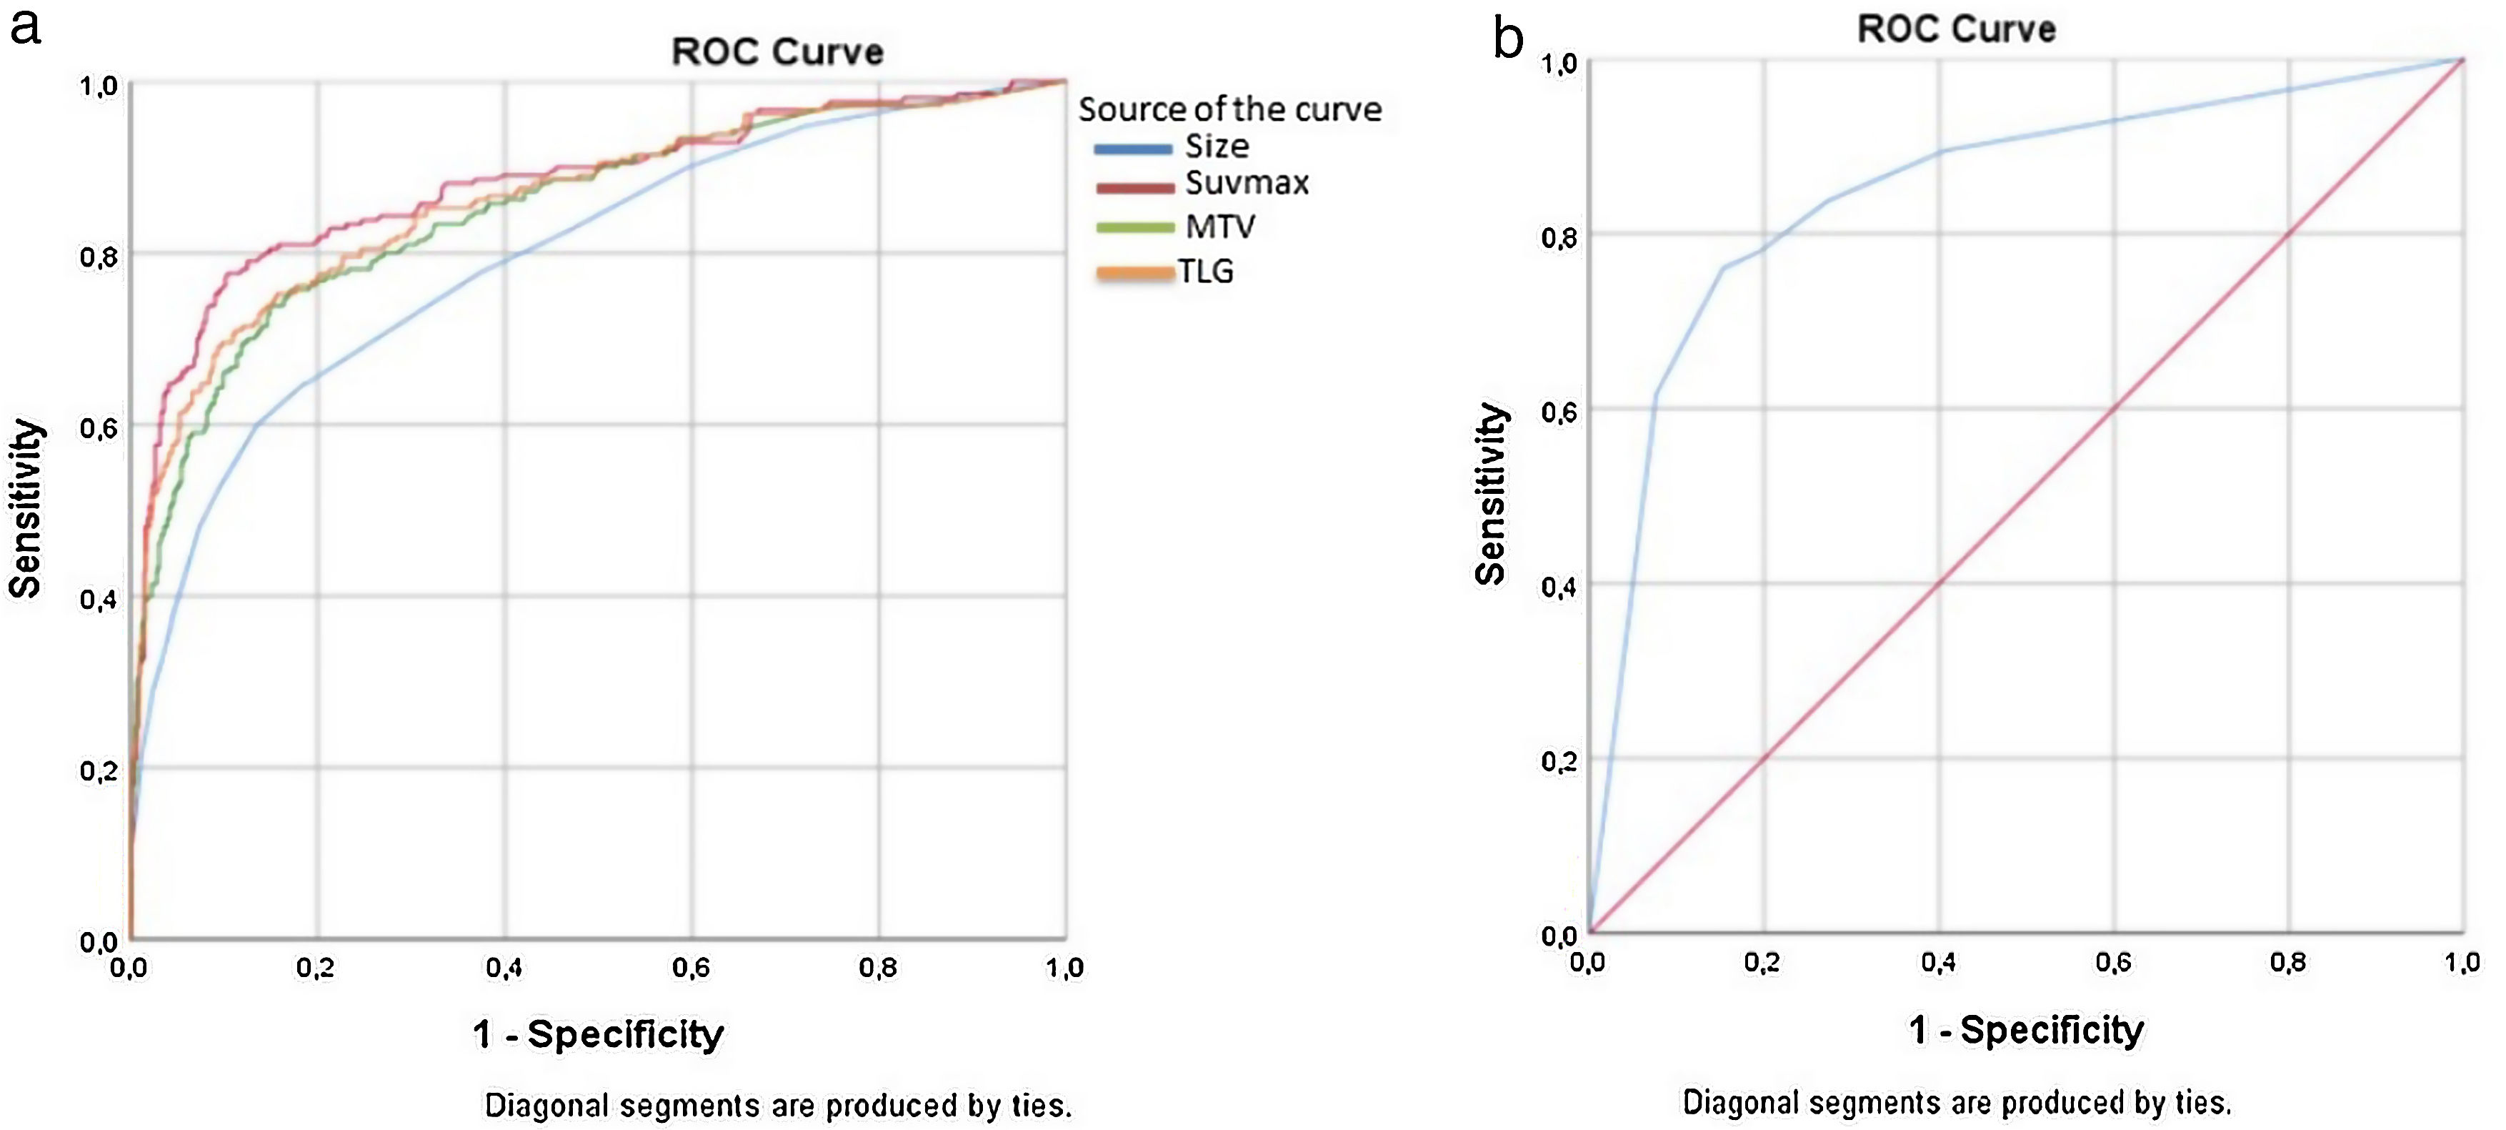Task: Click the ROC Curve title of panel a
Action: (777, 51)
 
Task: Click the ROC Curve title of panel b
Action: (1957, 29)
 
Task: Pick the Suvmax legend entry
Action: (1246, 183)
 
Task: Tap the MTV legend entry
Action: (1220, 227)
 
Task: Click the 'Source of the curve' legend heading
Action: (1229, 109)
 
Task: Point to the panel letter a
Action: (25, 26)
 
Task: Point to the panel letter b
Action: (1508, 39)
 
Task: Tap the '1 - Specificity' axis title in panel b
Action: (2027, 1030)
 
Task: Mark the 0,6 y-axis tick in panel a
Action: (99, 428)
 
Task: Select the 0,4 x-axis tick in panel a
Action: (504, 968)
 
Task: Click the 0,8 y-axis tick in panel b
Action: (1559, 237)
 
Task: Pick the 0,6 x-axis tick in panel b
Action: (2113, 963)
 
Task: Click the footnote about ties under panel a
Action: (778, 1106)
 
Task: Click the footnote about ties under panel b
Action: (1957, 1103)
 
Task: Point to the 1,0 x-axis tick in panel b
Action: (2462, 963)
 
